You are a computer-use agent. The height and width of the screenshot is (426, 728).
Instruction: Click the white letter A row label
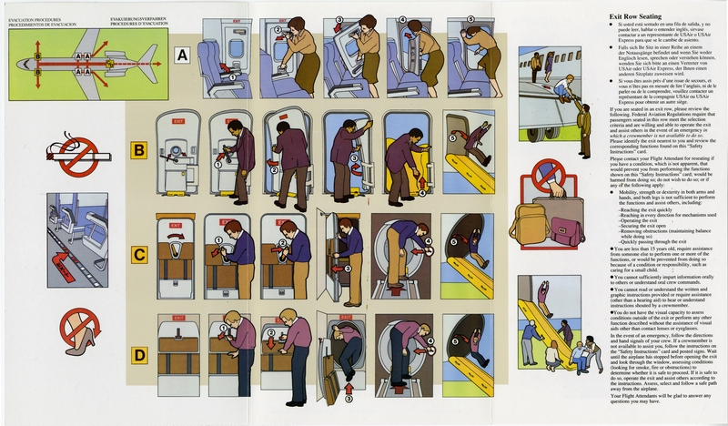coord(182,55)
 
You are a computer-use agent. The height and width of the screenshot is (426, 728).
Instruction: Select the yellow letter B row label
coord(139,149)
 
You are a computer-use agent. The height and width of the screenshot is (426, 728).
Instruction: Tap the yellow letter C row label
coord(139,255)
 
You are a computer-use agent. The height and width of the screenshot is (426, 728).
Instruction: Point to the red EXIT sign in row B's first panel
coord(178,119)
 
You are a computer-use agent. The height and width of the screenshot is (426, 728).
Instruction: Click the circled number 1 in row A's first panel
coord(232,78)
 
